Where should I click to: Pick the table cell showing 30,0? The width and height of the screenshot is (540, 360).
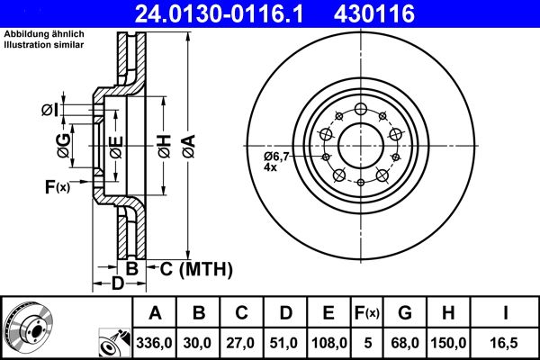pyautogui.click(x=199, y=343)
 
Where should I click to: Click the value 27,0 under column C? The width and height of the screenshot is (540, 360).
pyautogui.click(x=242, y=343)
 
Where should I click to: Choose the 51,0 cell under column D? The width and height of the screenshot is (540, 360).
pyautogui.click(x=285, y=343)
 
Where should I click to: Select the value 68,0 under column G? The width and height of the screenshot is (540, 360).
pyautogui.click(x=405, y=343)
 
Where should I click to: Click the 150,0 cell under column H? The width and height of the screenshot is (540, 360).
pyautogui.click(x=449, y=343)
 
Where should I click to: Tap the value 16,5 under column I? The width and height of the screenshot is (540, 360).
pyautogui.click(x=506, y=343)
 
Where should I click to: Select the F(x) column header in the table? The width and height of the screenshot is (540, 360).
pyautogui.click(x=367, y=313)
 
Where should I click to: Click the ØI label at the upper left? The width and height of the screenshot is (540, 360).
pyautogui.click(x=50, y=110)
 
